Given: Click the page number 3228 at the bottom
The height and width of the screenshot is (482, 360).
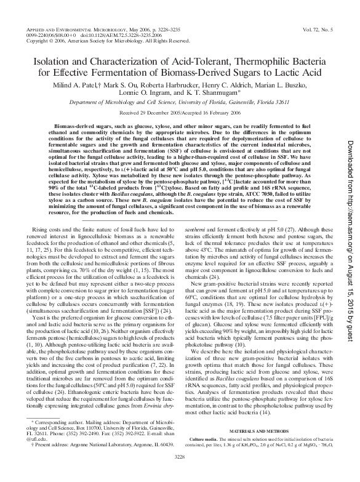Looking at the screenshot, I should pyautogui.click(x=180, y=473).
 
